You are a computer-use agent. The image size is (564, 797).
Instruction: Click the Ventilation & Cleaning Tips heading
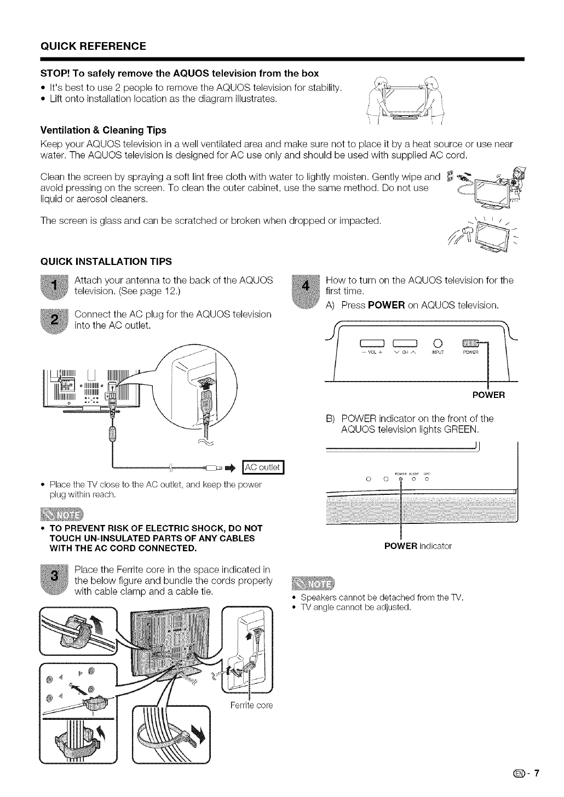[x=103, y=130]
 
